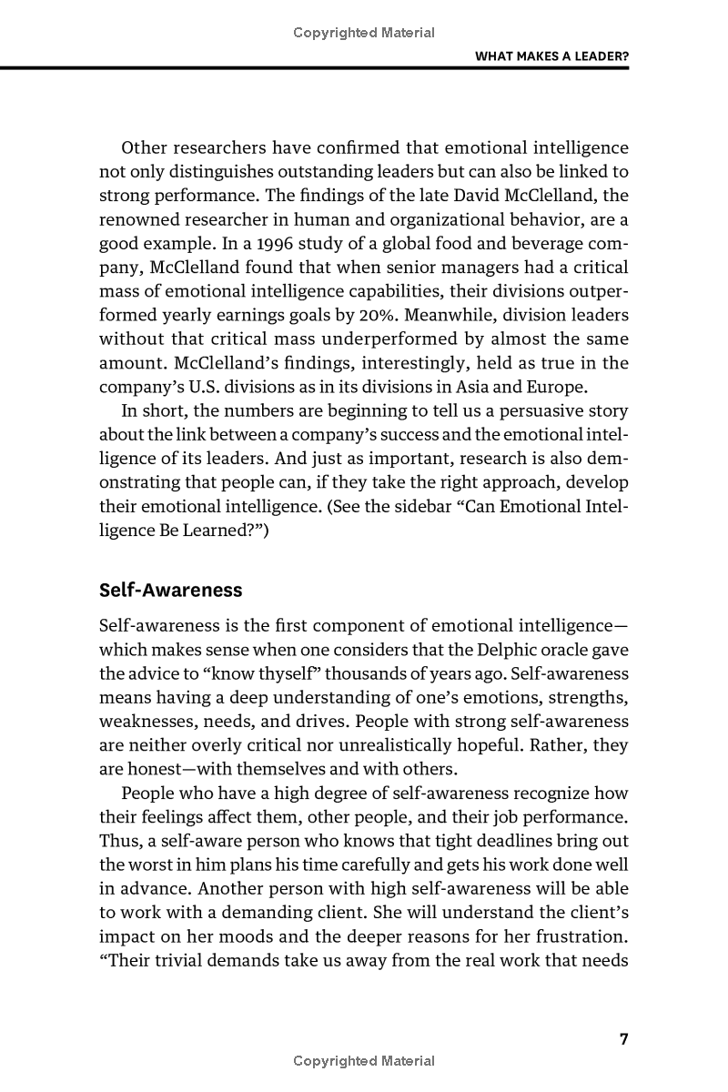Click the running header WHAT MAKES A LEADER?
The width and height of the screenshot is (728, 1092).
coord(552,56)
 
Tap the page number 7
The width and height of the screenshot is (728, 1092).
coord(624,1040)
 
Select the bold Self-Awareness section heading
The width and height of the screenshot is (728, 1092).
coord(170,590)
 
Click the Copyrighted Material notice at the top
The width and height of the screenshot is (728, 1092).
coord(364,33)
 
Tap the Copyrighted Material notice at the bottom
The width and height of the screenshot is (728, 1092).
coord(364,1060)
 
